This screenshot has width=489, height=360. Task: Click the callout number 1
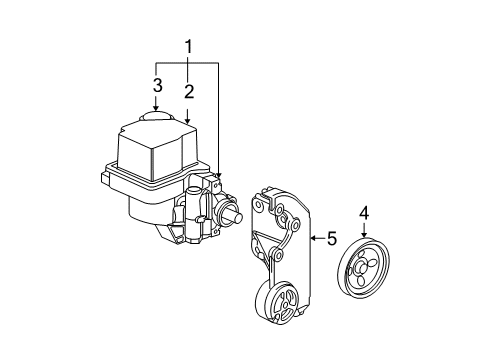pyautogui.click(x=186, y=46)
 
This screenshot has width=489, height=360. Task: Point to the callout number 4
pyautogui.click(x=364, y=212)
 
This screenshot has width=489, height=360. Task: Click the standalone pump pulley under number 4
pyautogui.click(x=364, y=265)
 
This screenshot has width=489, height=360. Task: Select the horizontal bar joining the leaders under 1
pyautogui.click(x=187, y=63)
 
